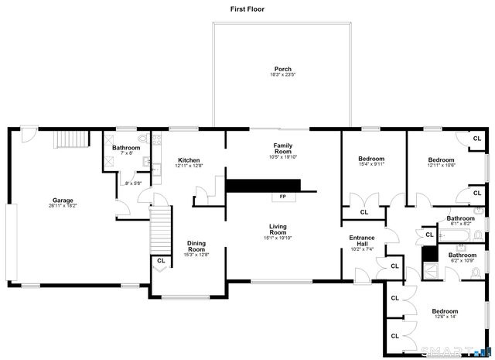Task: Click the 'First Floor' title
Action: tap(247, 9)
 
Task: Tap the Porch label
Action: tap(282, 68)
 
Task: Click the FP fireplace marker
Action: tap(282, 197)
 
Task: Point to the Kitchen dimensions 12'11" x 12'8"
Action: tap(189, 166)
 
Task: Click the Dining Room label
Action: tap(196, 245)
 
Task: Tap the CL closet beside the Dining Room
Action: tap(161, 261)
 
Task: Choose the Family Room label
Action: tap(282, 148)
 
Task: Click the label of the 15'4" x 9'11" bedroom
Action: tap(371, 159)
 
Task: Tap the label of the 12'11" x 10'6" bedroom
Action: tap(441, 159)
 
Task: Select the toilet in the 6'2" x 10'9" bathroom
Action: tap(477, 271)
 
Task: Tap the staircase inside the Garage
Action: tap(70, 142)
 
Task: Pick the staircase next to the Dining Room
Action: tap(159, 226)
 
